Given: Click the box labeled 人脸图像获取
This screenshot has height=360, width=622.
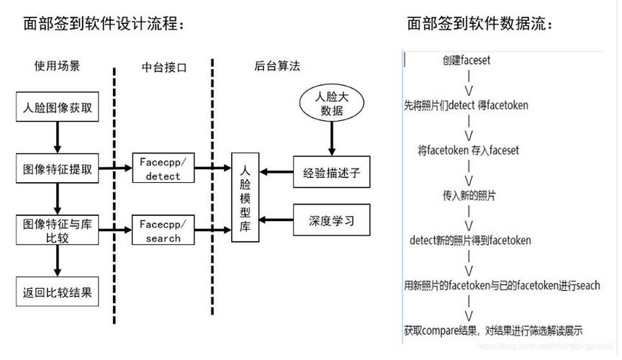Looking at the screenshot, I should coord(57,109).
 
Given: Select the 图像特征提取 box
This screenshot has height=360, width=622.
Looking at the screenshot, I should coord(57,170).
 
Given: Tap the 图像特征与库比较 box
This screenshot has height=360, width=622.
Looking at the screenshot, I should coord(57,230).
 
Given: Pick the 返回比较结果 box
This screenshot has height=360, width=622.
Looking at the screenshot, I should coord(57,293).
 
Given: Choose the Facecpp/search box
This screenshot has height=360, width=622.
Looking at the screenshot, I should coord(163,230).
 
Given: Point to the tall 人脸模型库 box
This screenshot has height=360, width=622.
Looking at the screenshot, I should coord(245,198).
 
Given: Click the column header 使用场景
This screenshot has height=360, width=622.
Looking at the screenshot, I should coord(58,66).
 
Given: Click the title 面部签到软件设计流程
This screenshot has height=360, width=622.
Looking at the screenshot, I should coord(104,24).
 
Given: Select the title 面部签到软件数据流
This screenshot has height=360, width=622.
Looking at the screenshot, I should coord(480,24).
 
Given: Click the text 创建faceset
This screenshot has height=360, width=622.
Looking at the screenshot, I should coord(467,60).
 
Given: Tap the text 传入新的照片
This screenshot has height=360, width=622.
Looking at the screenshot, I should coord(469,195).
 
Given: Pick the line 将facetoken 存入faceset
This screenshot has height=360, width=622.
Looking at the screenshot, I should coord(468,150).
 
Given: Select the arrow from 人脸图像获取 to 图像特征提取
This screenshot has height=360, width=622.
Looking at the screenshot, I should coord(57,137).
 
